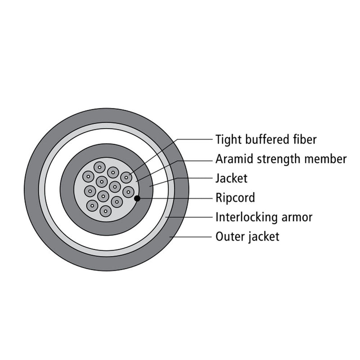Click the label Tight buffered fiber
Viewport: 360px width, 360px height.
[x=266, y=140]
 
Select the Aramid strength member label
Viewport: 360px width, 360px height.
[x=281, y=159]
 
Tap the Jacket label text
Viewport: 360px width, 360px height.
[x=231, y=178]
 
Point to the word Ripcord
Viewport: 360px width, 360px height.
[x=235, y=198]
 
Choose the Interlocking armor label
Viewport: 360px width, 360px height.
[x=264, y=217]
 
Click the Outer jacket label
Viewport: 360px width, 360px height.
[x=247, y=237]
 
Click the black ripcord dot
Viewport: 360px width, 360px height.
[x=137, y=198]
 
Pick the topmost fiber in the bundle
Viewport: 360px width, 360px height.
[x=99, y=167]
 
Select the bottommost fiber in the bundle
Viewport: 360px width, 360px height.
[x=106, y=211]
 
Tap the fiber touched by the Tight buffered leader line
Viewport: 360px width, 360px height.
[x=126, y=177]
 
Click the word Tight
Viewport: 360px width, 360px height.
[x=229, y=140]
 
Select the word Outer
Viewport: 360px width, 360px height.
[x=230, y=237]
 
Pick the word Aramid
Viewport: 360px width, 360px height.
[x=234, y=159]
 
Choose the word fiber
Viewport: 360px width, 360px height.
[x=305, y=139]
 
